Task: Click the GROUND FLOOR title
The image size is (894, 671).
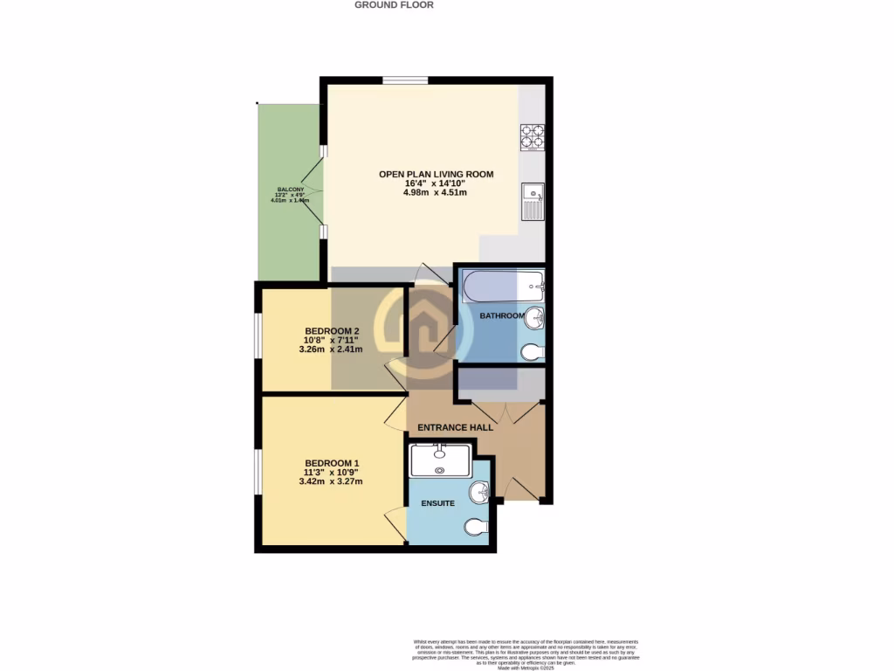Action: [x=394, y=5]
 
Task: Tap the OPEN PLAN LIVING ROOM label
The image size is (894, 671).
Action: [x=436, y=174]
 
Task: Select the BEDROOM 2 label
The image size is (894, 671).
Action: [x=332, y=331]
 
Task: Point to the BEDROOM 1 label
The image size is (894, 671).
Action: [x=332, y=463]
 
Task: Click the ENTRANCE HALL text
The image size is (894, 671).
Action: [x=455, y=427]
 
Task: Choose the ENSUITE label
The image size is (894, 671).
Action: [x=439, y=503]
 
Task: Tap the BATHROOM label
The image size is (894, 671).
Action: [x=502, y=315]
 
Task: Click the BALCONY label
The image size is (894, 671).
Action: [x=291, y=190]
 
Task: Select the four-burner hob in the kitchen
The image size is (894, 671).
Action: [x=533, y=138]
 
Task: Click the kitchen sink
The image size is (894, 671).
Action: [x=532, y=202]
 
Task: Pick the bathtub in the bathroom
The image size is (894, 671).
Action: [x=503, y=285]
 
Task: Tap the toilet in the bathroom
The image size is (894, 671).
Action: [x=532, y=352]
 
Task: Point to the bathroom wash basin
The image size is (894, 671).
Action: [x=533, y=320]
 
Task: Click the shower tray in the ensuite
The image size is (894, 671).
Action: [x=440, y=460]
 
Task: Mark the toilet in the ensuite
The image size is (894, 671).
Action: [x=477, y=528]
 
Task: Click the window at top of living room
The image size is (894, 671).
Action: [x=405, y=81]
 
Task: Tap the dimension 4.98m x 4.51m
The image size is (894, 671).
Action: [x=436, y=192]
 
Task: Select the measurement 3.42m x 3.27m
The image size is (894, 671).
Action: [x=331, y=481]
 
